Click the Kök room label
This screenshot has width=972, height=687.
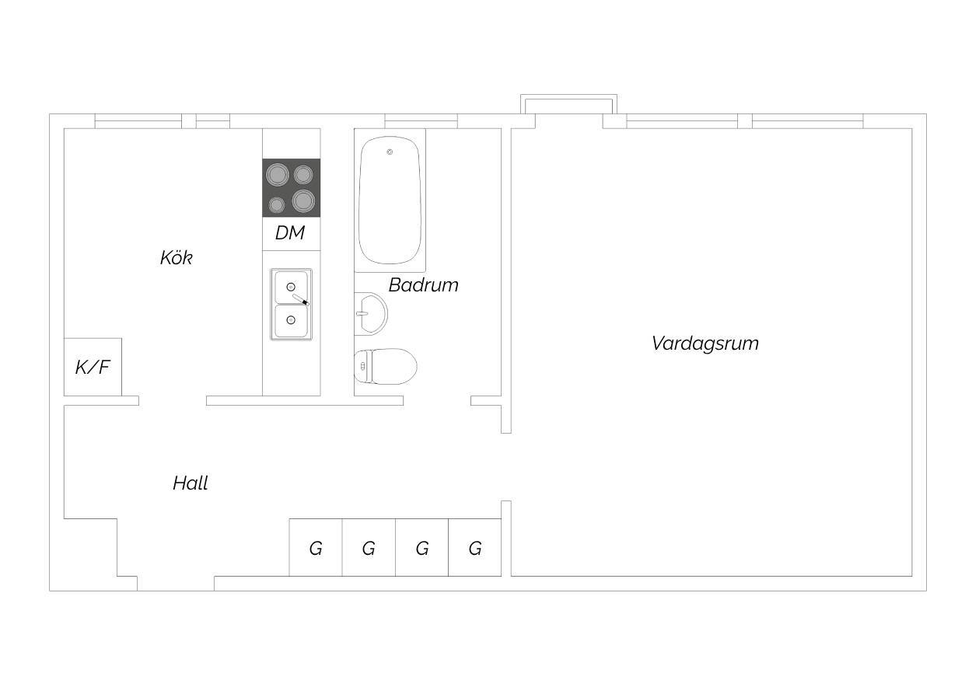click(177, 258)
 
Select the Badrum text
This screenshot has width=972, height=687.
click(424, 285)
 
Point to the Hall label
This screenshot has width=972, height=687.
click(191, 483)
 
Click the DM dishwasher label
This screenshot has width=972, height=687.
click(290, 233)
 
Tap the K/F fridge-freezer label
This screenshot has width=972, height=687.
click(93, 368)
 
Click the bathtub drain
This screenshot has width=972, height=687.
click(390, 152)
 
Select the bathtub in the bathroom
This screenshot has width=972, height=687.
click(390, 200)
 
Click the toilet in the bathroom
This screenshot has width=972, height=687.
click(386, 367)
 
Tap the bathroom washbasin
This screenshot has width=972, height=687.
click(371, 313)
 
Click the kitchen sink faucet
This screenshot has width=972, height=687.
click(301, 300)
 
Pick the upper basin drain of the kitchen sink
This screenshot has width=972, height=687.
click(291, 287)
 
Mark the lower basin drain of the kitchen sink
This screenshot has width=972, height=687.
click(291, 320)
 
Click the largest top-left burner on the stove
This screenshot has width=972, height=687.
click(278, 175)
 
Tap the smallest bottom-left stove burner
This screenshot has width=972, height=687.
click(276, 204)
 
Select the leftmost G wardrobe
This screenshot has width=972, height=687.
click(316, 547)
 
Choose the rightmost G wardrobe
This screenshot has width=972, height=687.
click(474, 547)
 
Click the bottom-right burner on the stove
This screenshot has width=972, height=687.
click(303, 201)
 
